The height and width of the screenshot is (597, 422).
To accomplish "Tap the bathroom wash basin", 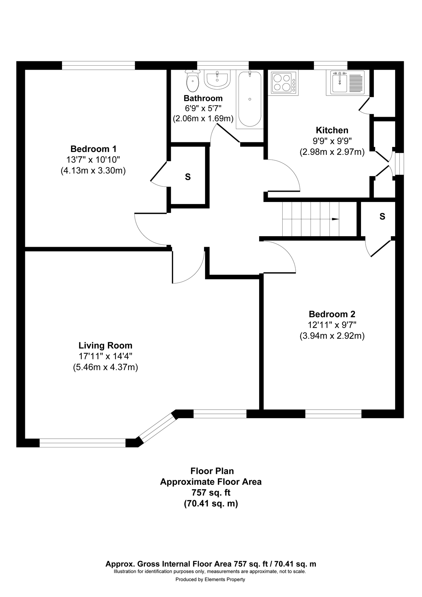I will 217,80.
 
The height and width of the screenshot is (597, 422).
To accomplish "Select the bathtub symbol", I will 249,99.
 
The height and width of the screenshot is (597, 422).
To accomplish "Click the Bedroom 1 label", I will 93,149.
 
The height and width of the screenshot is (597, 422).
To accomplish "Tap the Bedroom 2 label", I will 332,314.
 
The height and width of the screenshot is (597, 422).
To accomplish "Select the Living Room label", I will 105,346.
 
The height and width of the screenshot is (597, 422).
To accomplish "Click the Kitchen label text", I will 332,130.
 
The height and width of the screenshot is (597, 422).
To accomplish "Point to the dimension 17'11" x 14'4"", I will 105,357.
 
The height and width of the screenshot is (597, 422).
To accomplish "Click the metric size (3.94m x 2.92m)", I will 332,336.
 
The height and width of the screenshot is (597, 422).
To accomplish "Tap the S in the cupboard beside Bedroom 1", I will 188,177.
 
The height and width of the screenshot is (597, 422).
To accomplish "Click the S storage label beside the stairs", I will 382,217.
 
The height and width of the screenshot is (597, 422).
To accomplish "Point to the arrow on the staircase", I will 335,219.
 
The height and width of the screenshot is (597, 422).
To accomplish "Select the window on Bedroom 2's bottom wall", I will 333,414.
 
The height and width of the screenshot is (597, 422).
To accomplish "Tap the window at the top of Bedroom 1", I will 99,65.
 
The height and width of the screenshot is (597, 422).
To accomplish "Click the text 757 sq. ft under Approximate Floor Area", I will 211,493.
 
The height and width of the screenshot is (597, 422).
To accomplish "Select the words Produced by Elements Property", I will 210,579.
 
